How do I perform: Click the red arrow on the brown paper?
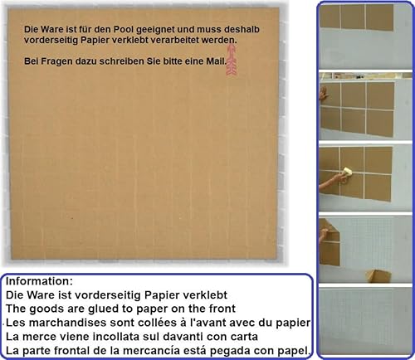(x=232, y=60)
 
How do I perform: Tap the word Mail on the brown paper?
(x=217, y=61)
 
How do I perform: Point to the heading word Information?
(x=39, y=281)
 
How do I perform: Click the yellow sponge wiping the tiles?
(x=347, y=172)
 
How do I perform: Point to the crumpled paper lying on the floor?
(x=378, y=276)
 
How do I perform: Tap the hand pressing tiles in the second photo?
(x=324, y=94)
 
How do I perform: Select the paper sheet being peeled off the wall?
(x=329, y=243)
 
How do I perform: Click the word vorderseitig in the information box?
(x=108, y=295)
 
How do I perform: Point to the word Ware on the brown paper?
(x=52, y=29)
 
